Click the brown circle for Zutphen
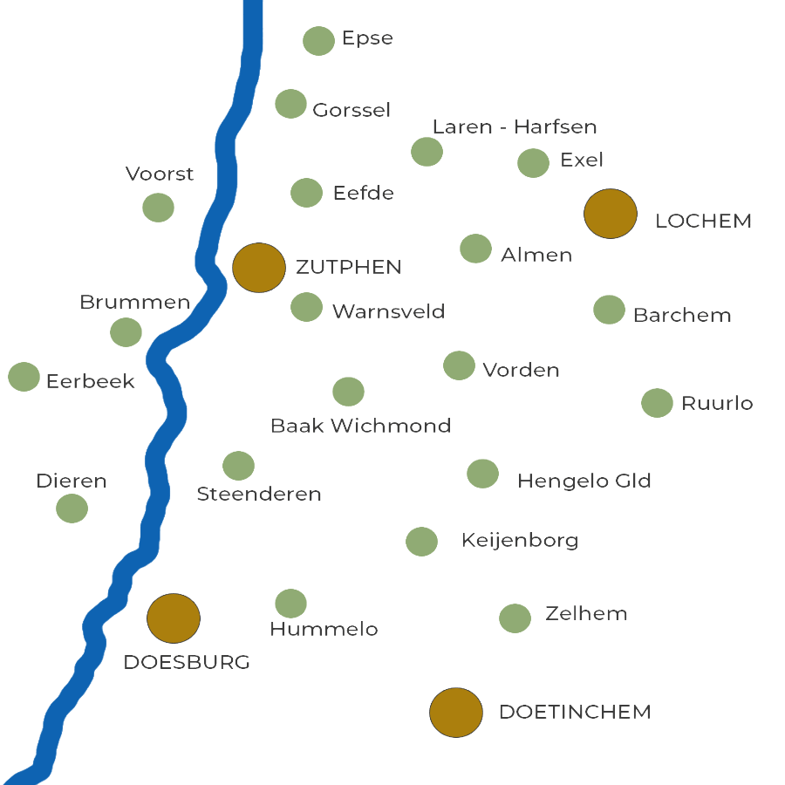pyautogui.click(x=259, y=268)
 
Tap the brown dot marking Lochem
pyautogui.click(x=611, y=214)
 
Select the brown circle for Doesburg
pyautogui.click(x=174, y=618)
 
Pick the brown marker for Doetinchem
pyautogui.click(x=456, y=713)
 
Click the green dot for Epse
pyautogui.click(x=319, y=41)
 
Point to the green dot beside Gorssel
pyautogui.click(x=290, y=104)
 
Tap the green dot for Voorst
pyautogui.click(x=158, y=208)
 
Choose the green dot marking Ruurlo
pyautogui.click(x=657, y=403)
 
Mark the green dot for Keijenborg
pyautogui.click(x=421, y=542)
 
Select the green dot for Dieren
pyautogui.click(x=72, y=509)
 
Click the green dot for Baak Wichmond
pyautogui.click(x=348, y=392)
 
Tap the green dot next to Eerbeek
pyautogui.click(x=24, y=377)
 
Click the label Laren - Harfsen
pyautogui.click(x=515, y=127)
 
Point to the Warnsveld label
pyautogui.click(x=388, y=311)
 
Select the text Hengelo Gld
pyautogui.click(x=584, y=481)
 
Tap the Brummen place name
pyautogui.click(x=134, y=303)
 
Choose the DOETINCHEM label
pyautogui.click(x=576, y=712)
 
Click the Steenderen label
pyautogui.click(x=259, y=495)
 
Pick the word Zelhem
pyautogui.click(x=586, y=613)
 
